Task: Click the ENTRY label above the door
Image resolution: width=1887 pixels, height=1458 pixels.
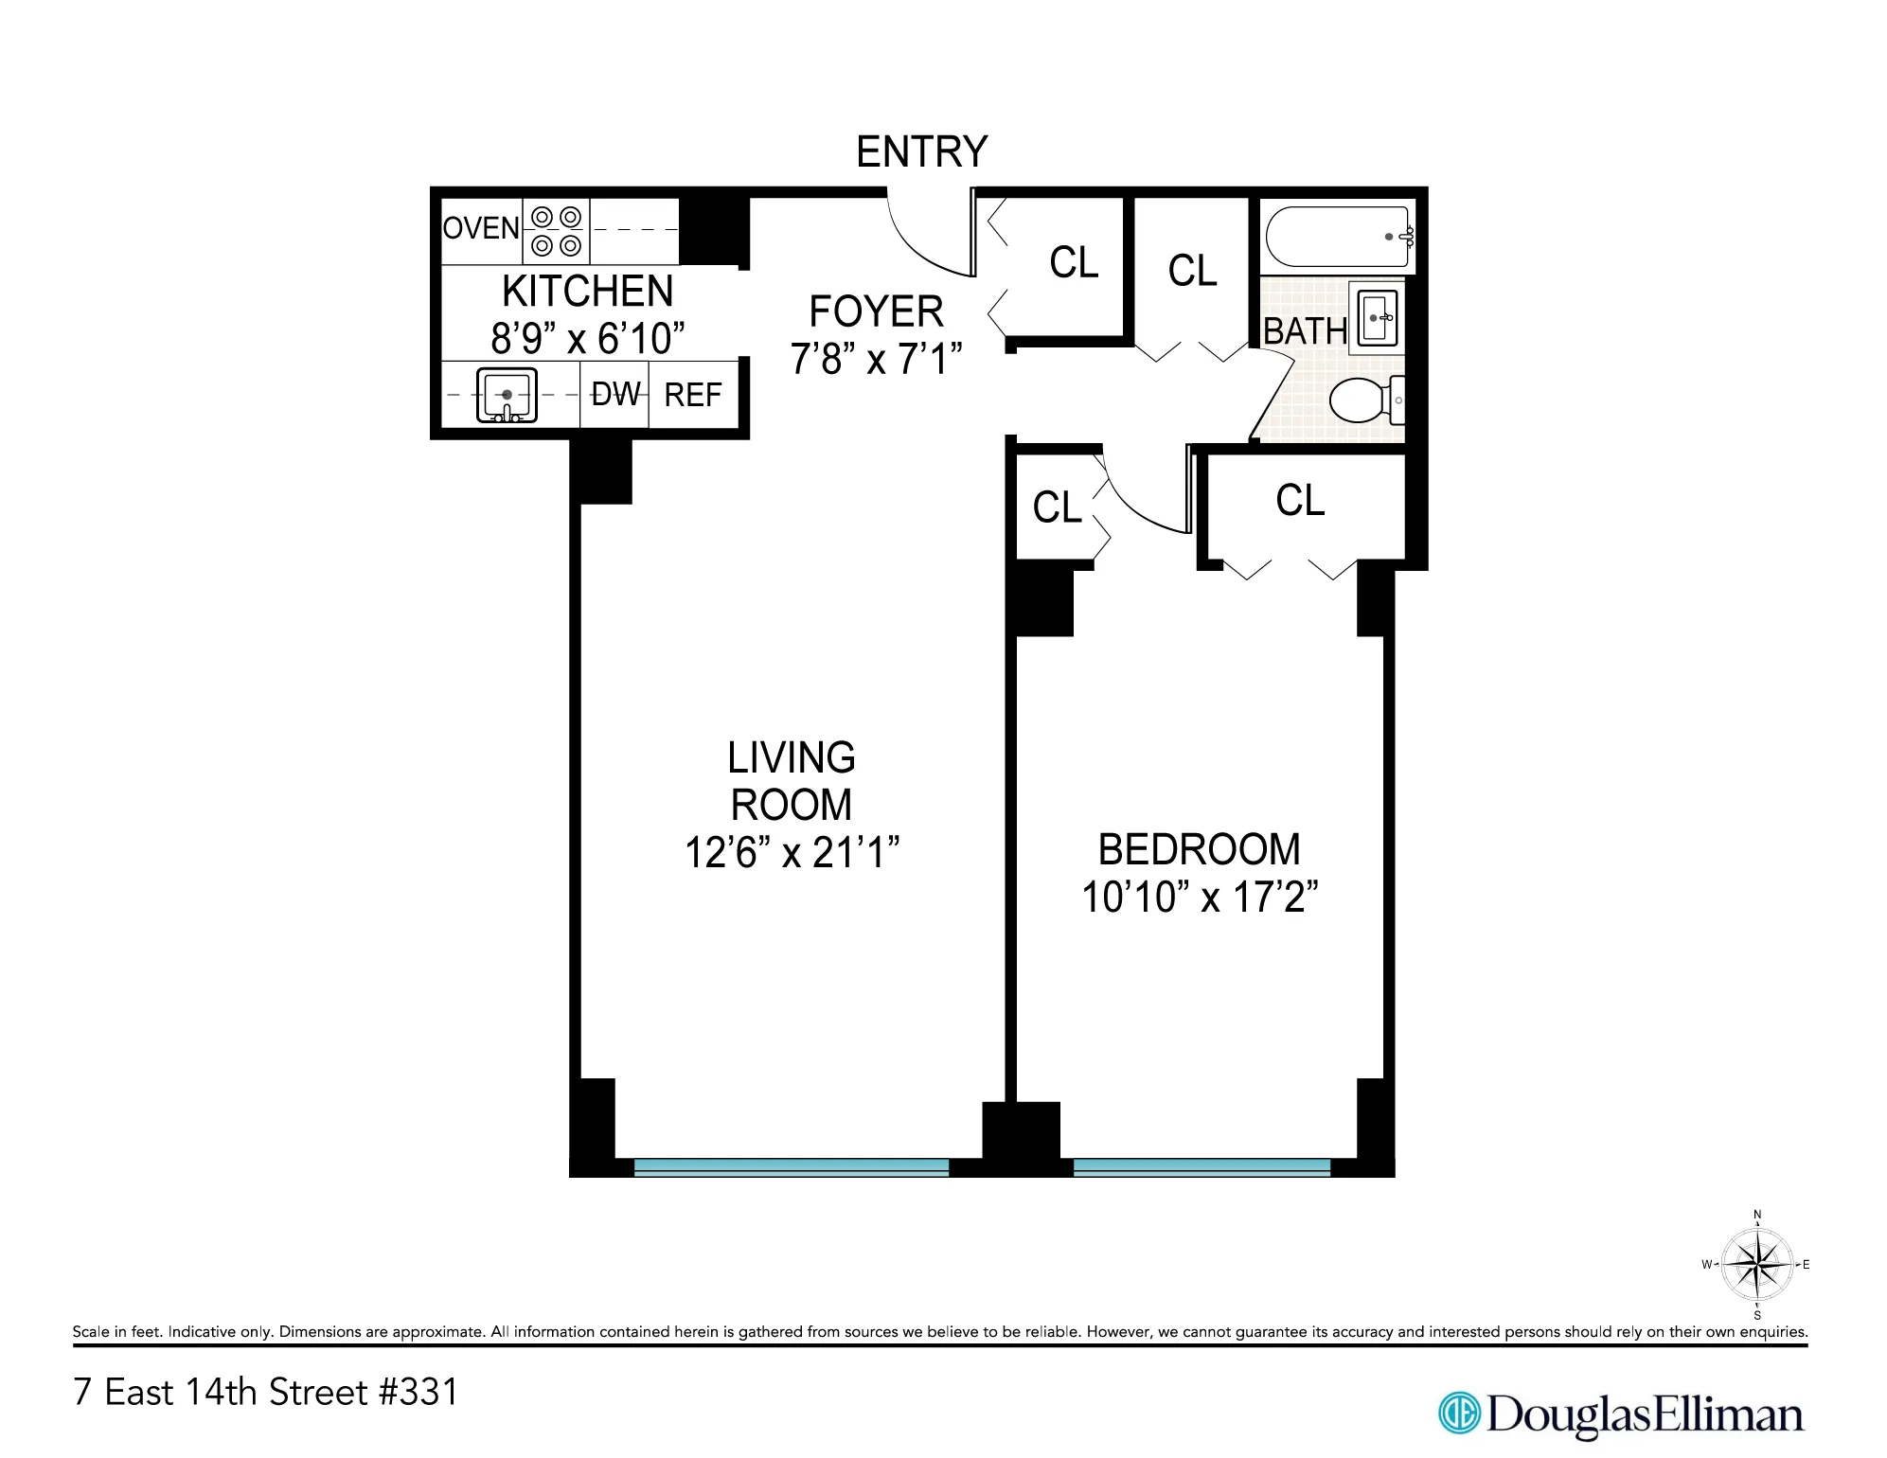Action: coord(921,151)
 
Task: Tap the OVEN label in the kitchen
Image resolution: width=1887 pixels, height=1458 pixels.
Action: coord(481,228)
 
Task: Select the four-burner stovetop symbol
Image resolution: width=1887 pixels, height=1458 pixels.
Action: coord(556,231)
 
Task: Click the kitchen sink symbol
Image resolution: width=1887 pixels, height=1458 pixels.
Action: coord(507,395)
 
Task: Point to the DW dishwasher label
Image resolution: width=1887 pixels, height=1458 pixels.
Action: coord(615,394)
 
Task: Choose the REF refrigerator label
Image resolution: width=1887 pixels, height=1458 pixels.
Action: coord(693,395)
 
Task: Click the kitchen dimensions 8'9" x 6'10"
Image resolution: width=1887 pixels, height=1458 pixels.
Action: coord(587,338)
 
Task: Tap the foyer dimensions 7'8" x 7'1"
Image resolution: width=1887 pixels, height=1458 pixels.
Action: coord(876,359)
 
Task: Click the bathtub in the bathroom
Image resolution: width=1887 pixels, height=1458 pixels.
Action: coord(1337,237)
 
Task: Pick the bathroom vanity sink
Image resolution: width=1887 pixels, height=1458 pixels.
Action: coord(1378,318)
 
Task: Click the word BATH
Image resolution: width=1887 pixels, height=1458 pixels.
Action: coord(1305,331)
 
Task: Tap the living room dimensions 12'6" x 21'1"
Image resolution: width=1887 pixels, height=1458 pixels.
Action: coord(792,852)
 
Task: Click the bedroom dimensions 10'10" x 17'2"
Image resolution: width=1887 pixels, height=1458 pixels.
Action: coord(1200,897)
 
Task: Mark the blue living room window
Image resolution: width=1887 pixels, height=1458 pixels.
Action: coord(791,1167)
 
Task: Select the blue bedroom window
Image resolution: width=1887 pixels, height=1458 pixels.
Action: coord(1202,1167)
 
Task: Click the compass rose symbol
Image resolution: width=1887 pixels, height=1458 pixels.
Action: coord(1756,1264)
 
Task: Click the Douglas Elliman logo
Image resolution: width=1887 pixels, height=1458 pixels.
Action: coord(1621,1414)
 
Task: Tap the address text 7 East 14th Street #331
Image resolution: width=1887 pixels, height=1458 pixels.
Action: coord(266,1392)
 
